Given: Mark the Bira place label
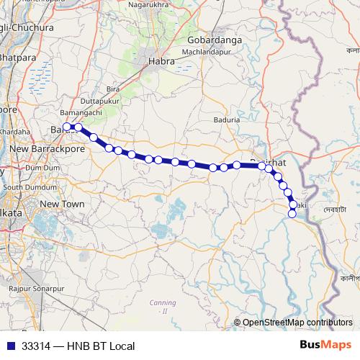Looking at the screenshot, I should point(112,89).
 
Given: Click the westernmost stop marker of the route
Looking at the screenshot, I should point(66,127).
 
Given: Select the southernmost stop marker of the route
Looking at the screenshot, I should point(292,214).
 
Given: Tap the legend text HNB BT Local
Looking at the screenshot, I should point(101,346).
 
